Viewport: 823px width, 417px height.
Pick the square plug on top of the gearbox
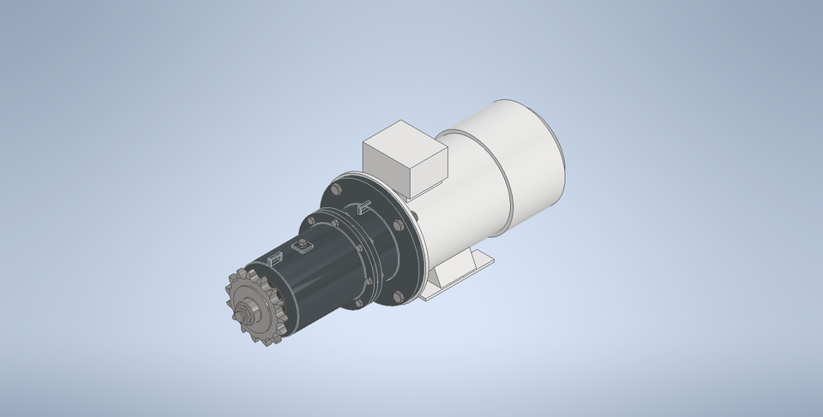coord(302,248)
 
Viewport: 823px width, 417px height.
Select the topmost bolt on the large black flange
coord(334,188)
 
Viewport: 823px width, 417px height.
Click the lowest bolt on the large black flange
coord(398,297)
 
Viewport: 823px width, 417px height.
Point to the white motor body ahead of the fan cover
coord(463,206)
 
